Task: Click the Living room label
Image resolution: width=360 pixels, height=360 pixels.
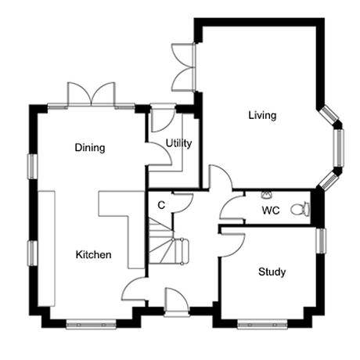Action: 262,116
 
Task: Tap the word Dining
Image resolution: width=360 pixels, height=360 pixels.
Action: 90,148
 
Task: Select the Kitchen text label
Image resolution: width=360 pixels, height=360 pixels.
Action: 93,254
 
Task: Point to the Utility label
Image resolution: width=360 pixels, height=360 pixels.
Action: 178,143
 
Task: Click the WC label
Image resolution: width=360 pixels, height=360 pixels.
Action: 271,211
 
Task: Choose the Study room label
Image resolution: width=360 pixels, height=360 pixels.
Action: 272,272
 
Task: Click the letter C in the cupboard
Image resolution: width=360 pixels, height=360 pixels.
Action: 161,205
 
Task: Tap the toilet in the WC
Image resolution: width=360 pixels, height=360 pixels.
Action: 301,209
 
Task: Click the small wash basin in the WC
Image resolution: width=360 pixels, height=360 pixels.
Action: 266,195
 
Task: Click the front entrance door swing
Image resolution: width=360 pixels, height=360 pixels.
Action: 176,301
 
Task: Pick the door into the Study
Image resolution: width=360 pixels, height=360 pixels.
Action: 232,245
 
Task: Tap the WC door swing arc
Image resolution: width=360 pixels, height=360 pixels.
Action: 232,207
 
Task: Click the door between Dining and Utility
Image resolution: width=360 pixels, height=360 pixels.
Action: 159,154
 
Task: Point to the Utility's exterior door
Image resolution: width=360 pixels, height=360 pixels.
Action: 163,119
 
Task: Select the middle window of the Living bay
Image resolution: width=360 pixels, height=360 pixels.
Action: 339,148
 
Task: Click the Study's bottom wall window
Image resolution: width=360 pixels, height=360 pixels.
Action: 262,325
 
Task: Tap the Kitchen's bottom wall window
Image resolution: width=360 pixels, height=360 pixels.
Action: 91,325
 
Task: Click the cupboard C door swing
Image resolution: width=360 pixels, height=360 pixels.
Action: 182,203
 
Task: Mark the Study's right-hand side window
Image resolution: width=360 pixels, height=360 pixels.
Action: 321,240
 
